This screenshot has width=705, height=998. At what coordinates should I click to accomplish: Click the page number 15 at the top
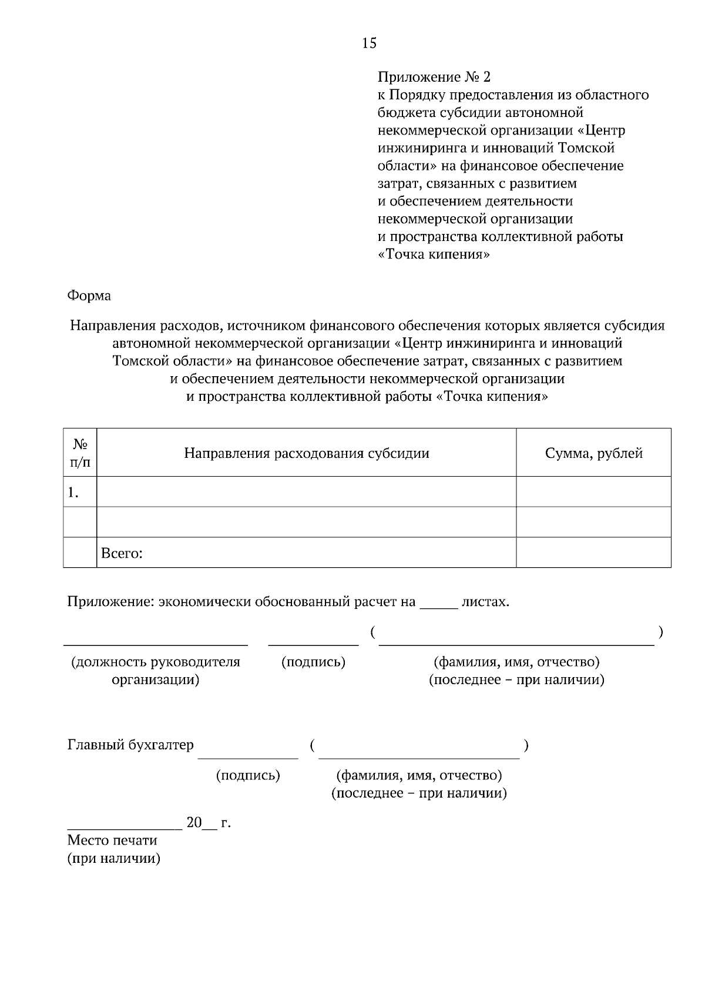370,43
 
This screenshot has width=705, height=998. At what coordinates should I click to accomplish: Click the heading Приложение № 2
434,77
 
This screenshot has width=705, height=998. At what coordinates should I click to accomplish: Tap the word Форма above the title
89,296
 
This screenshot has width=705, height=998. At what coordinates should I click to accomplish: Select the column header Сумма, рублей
593,453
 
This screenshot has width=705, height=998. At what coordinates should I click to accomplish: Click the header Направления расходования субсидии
306,453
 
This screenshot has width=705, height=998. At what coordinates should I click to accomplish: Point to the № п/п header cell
80,453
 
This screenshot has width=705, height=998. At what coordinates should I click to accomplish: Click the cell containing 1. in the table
73,493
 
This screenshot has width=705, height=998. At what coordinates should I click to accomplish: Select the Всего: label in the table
122,553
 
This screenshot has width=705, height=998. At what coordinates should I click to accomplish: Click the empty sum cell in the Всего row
593,553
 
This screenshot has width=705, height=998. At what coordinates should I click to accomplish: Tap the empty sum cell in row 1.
593,492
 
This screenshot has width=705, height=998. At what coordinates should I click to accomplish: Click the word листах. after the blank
485,602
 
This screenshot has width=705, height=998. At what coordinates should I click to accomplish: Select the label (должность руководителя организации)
156,671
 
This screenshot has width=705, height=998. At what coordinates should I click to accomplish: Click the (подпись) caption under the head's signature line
313,662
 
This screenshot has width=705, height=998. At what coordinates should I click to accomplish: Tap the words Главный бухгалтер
130,745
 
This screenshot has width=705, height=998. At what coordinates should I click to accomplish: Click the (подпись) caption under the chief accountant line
248,775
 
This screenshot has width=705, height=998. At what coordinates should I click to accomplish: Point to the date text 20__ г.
209,823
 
